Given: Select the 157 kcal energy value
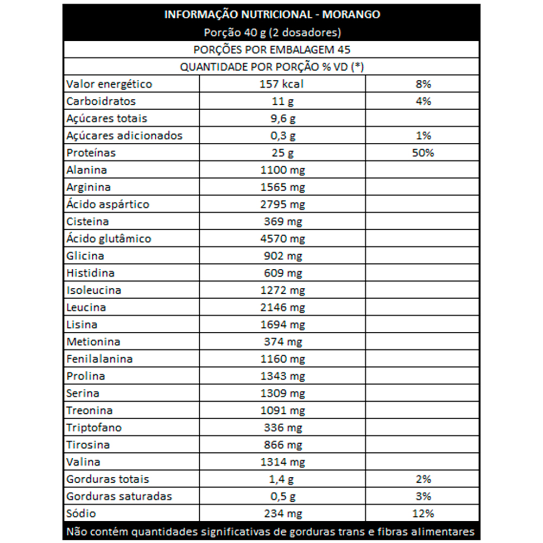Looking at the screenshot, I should pyautogui.click(x=282, y=84).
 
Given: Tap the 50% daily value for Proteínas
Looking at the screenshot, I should pyautogui.click(x=423, y=153).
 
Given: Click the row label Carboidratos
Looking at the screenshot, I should pyautogui.click(x=101, y=102).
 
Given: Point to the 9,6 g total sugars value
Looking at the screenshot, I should pyautogui.click(x=282, y=119).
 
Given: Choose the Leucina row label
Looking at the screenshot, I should pyautogui.click(x=86, y=308).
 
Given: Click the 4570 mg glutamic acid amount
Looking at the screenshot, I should pyautogui.click(x=282, y=239).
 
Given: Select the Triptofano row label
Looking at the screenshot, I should pyautogui.click(x=94, y=428).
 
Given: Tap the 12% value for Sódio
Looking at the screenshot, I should pyautogui.click(x=423, y=514).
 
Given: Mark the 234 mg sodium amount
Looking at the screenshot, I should pyautogui.click(x=282, y=514).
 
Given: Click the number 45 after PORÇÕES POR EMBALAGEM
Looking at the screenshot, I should pyautogui.click(x=344, y=50).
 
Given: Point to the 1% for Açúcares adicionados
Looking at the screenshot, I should pyautogui.click(x=423, y=136).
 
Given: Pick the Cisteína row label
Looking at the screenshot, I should pyautogui.click(x=87, y=222).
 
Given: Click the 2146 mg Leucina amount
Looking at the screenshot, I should pyautogui.click(x=282, y=308).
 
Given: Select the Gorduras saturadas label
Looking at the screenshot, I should pyautogui.click(x=119, y=496).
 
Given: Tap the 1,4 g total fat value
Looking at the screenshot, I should pyautogui.click(x=282, y=479).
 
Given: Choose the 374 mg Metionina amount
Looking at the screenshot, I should pyautogui.click(x=282, y=342).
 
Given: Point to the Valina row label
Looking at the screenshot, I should pyautogui.click(x=83, y=462).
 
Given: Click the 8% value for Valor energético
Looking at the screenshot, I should pyautogui.click(x=423, y=84).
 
